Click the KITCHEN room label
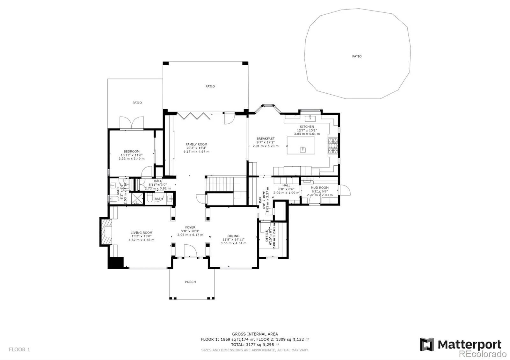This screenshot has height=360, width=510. tap(307, 126)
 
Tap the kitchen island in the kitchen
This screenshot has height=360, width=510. tap(301, 145)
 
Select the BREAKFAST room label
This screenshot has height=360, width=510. tap(266, 139)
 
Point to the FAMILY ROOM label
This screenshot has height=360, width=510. tap(196, 144)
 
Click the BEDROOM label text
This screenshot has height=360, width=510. tap(131, 151)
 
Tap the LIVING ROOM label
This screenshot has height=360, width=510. tap(141, 233)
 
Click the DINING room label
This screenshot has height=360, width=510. tap(233, 236)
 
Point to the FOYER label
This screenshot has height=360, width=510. tap(190, 227)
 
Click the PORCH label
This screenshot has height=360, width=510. tap(190, 282)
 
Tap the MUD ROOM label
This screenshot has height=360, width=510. tap(319, 188)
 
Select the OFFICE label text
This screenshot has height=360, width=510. tap(267, 235)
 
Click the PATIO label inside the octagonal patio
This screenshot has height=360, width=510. tap(357, 56)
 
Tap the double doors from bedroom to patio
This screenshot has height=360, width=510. tap(132, 123)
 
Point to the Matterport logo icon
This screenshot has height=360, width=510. tap(427, 344)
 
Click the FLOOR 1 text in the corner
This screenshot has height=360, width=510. tap(19, 349)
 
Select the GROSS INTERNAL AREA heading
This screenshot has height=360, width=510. tap(255, 334)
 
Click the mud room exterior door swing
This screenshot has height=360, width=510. tap(345, 190)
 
